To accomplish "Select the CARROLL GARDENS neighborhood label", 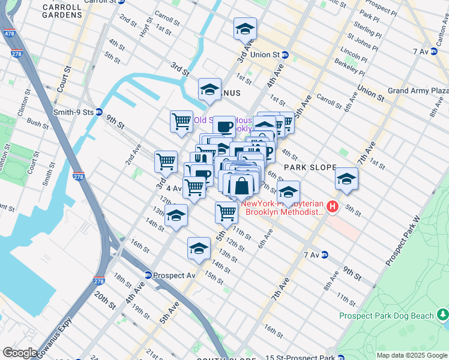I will point(62,10).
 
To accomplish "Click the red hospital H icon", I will point(332,208).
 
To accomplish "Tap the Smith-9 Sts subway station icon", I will point(99,112).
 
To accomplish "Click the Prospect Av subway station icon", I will point(148,275).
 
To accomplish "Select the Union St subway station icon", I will point(286,55).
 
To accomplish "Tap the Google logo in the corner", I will point(20,352).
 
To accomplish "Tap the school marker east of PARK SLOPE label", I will point(346,179).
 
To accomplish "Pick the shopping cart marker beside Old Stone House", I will point(181,121).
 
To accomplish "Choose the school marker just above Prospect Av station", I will point(199,247).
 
